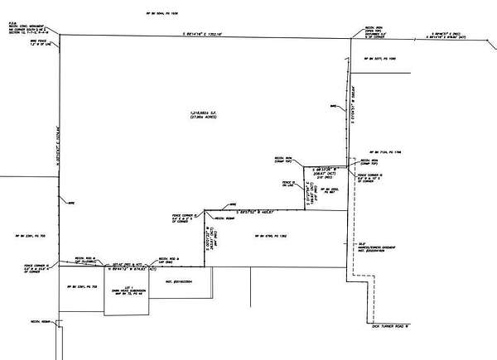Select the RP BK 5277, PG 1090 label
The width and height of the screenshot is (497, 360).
click(x=382, y=58)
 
